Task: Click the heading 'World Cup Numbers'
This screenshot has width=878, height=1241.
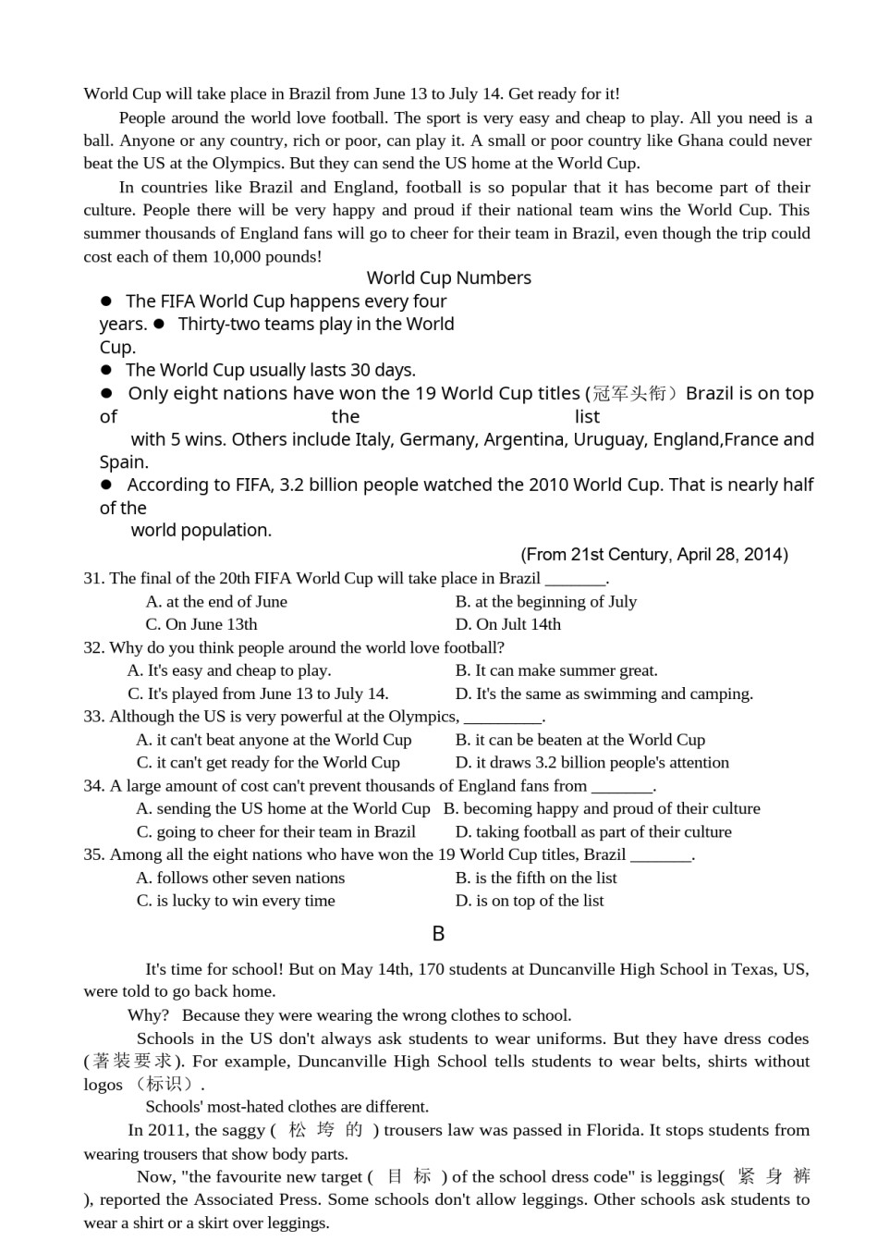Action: point(448,277)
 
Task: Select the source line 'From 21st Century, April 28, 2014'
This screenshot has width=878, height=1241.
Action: point(654,554)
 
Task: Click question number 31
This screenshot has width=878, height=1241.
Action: point(93,578)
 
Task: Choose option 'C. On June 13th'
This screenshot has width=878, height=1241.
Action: point(201,624)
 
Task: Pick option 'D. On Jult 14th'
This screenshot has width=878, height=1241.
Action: point(507,624)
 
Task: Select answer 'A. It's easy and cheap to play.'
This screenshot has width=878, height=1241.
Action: point(228,670)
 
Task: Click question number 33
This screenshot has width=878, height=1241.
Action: point(93,716)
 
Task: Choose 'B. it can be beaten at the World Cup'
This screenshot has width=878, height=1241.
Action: point(579,740)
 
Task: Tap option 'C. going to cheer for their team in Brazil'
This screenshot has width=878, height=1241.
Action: point(275,831)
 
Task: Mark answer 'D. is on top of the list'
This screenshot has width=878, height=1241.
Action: point(530,901)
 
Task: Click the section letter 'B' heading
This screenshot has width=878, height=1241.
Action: point(438,934)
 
